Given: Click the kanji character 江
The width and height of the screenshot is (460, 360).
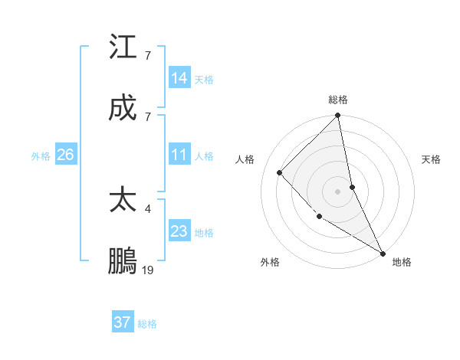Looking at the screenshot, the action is [123, 47].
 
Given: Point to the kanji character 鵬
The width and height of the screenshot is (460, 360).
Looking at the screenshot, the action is [123, 260].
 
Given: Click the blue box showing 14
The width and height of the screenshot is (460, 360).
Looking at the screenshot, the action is [179, 78].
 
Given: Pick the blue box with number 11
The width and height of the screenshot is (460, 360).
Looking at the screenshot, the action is [179, 155].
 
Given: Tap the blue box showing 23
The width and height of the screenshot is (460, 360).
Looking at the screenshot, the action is [179, 232].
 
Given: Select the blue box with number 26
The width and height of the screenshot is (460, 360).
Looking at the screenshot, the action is [65, 155].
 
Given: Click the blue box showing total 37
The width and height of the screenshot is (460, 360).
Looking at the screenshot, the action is [123, 322].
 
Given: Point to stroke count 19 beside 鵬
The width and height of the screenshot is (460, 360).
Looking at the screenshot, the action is [148, 270].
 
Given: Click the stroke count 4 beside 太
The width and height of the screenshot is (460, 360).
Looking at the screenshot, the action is [148, 208].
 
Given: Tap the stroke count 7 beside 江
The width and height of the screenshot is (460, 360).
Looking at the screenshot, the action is [148, 55].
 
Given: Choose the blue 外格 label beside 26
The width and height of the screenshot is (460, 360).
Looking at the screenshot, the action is [41, 156].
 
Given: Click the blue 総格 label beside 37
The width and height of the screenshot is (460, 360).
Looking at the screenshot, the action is [147, 324].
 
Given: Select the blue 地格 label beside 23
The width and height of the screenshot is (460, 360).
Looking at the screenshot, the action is [204, 233].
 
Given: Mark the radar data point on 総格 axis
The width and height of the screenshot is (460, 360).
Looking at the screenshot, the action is [337, 116].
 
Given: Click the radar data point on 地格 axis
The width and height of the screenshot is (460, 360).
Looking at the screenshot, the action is [382, 252].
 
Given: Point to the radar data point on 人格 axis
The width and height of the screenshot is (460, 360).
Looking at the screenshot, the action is [280, 172].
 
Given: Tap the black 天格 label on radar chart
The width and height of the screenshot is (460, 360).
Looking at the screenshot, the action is [432, 159].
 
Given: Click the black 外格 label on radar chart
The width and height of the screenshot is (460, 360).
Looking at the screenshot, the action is [270, 262].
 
